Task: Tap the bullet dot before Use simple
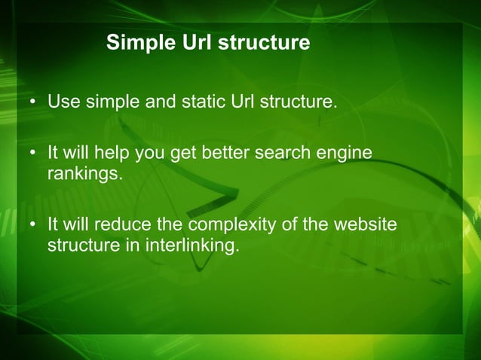tap(34, 102)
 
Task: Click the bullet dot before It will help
tap(34, 154)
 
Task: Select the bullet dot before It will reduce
tap(34, 225)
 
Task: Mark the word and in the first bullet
tap(160, 101)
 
